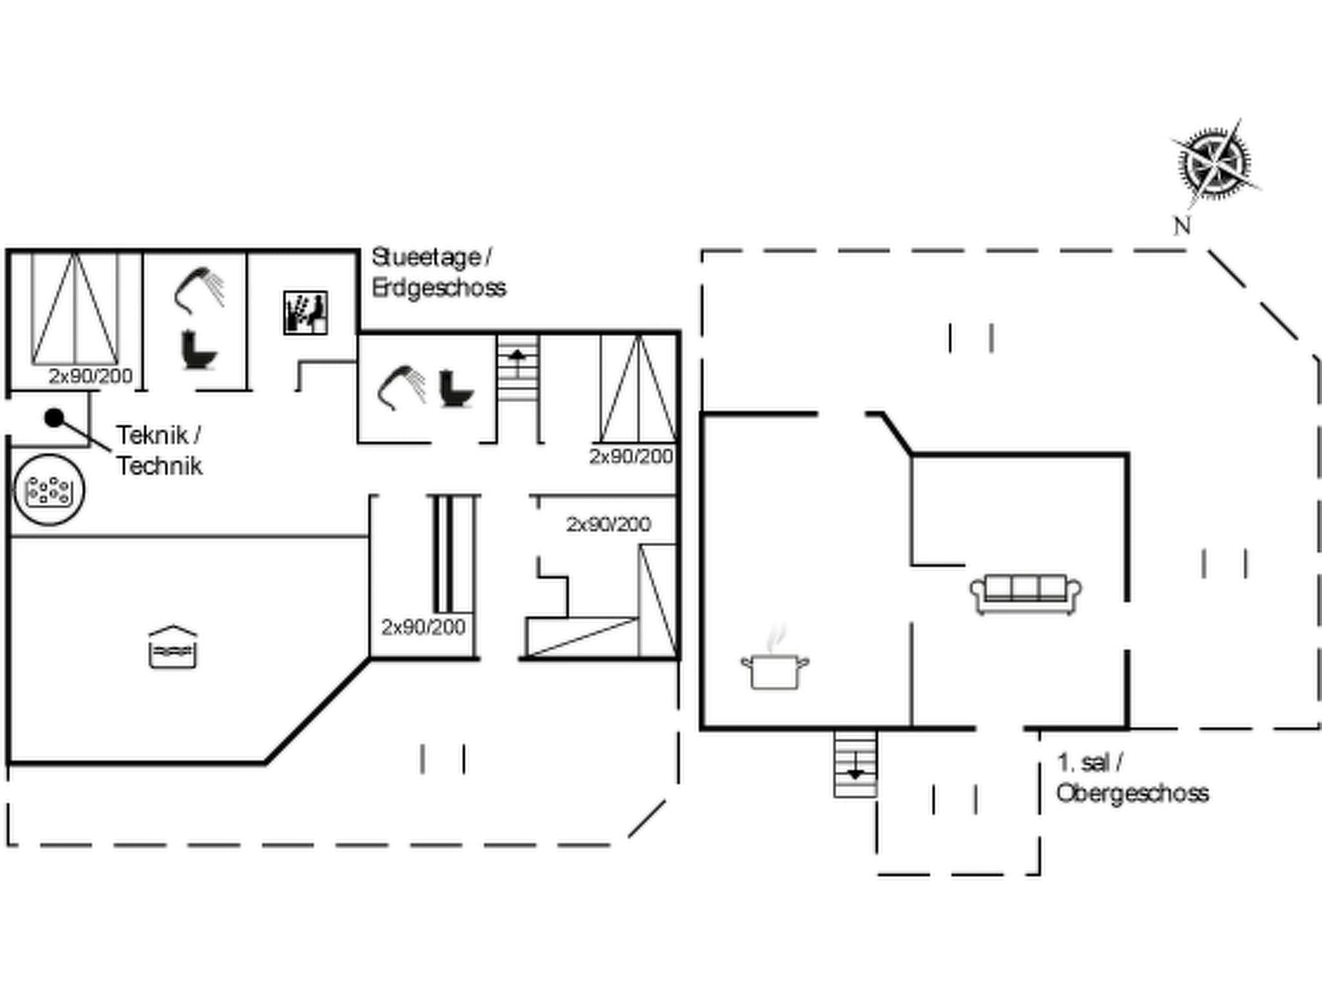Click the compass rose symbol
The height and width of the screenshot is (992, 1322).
pyautogui.click(x=1214, y=161)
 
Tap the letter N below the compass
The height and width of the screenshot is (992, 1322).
pyautogui.click(x=1181, y=225)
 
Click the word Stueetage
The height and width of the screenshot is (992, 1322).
pyautogui.click(x=427, y=258)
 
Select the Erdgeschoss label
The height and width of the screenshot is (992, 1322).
pyautogui.click(x=439, y=287)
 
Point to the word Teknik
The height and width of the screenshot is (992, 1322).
pyautogui.click(x=153, y=435)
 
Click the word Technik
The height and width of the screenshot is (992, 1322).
pyautogui.click(x=159, y=466)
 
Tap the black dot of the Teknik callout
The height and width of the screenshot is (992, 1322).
pyautogui.click(x=54, y=418)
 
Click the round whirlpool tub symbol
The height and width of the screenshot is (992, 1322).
pyautogui.click(x=49, y=490)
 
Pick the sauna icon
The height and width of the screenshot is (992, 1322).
pyautogui.click(x=305, y=313)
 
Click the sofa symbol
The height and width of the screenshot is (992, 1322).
pyautogui.click(x=1026, y=594)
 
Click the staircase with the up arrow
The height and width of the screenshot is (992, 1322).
pyautogui.click(x=518, y=367)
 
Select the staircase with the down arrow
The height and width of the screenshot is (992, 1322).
pyautogui.click(x=855, y=764)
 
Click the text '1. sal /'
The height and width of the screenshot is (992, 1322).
pyautogui.click(x=1090, y=763)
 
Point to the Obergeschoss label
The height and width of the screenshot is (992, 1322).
pyautogui.click(x=1132, y=793)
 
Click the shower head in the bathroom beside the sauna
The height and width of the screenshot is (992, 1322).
pyautogui.click(x=199, y=291)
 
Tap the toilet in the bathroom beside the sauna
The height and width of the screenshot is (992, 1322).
pyautogui.click(x=198, y=349)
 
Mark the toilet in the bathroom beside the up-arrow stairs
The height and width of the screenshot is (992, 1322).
pyautogui.click(x=456, y=388)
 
